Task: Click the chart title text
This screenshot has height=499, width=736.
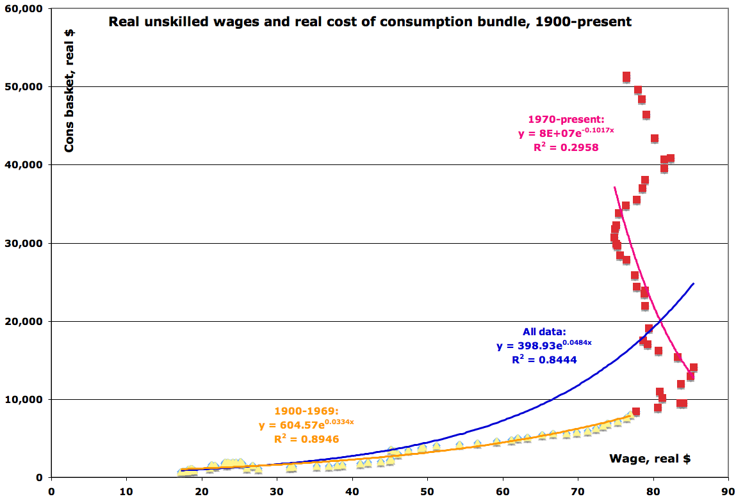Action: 370,22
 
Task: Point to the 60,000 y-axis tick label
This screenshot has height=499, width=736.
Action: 24,8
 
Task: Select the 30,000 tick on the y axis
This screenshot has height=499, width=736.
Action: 24,243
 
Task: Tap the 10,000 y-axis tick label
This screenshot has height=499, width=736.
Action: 24,399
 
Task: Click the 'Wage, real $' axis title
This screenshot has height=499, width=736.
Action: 650,458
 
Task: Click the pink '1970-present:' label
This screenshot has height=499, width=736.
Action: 566,119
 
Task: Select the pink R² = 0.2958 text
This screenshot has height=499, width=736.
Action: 566,147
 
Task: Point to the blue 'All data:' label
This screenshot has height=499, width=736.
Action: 544,332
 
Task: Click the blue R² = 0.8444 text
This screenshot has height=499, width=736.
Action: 544,360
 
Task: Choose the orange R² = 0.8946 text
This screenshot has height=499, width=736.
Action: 306,439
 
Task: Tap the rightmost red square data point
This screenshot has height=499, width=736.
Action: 693,368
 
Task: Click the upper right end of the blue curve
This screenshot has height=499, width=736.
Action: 693,283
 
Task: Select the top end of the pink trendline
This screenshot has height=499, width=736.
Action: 614,187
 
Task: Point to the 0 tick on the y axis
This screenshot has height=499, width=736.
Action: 38,477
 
